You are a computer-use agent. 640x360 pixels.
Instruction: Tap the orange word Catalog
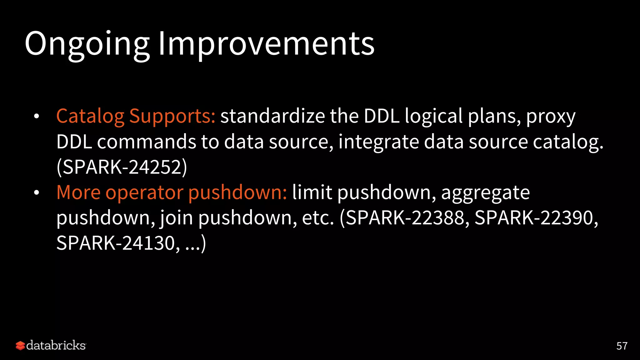(x=90, y=116)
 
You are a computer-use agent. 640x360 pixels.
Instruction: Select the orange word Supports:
(x=172, y=116)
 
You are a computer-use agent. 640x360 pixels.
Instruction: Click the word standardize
(x=272, y=116)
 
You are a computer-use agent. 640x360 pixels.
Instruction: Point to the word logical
(x=434, y=116)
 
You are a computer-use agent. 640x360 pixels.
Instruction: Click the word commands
(x=146, y=142)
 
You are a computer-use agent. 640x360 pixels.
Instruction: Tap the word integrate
(x=378, y=142)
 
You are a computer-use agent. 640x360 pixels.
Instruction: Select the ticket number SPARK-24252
(x=122, y=167)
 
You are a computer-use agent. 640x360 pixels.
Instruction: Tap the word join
(x=177, y=218)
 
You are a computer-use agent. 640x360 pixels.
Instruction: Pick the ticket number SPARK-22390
(x=534, y=218)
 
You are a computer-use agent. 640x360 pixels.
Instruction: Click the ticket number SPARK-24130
(x=116, y=243)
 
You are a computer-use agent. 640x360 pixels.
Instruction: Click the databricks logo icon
(x=20, y=346)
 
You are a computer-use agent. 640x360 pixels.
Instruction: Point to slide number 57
(x=622, y=346)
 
